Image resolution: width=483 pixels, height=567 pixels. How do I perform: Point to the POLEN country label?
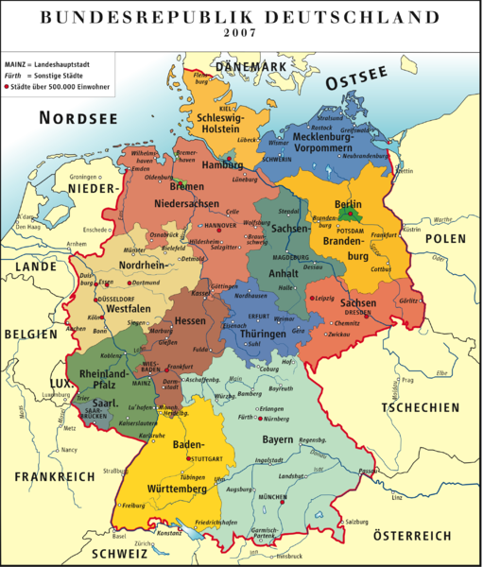[444, 238]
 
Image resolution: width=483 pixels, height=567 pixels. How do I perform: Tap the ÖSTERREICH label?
[413, 535]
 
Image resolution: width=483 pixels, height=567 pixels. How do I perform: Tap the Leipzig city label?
[325, 300]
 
